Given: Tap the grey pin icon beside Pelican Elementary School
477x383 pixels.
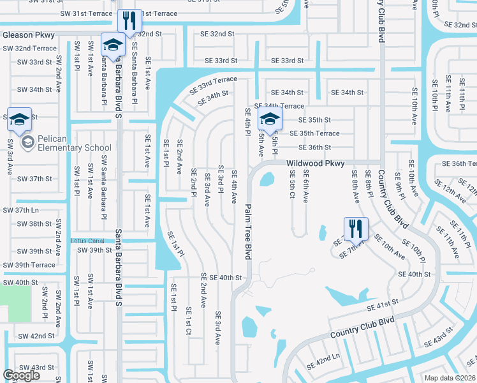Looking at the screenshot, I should [x=27, y=142].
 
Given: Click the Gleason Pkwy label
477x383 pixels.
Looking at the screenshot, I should [x=29, y=35].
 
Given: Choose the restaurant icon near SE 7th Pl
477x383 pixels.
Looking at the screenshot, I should [x=356, y=228].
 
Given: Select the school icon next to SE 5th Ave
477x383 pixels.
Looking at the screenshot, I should [x=269, y=119].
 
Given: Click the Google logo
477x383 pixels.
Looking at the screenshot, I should [x=21, y=375].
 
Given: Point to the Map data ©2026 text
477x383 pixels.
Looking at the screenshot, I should [x=450, y=378].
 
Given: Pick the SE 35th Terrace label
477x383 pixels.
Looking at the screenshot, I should [x=314, y=133].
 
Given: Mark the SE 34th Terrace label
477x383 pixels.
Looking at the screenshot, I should [x=279, y=106].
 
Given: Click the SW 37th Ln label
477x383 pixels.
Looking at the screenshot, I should [x=21, y=210].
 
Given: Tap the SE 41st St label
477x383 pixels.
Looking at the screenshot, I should [x=383, y=304].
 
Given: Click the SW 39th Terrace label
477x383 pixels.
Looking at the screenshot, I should [x=29, y=265].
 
